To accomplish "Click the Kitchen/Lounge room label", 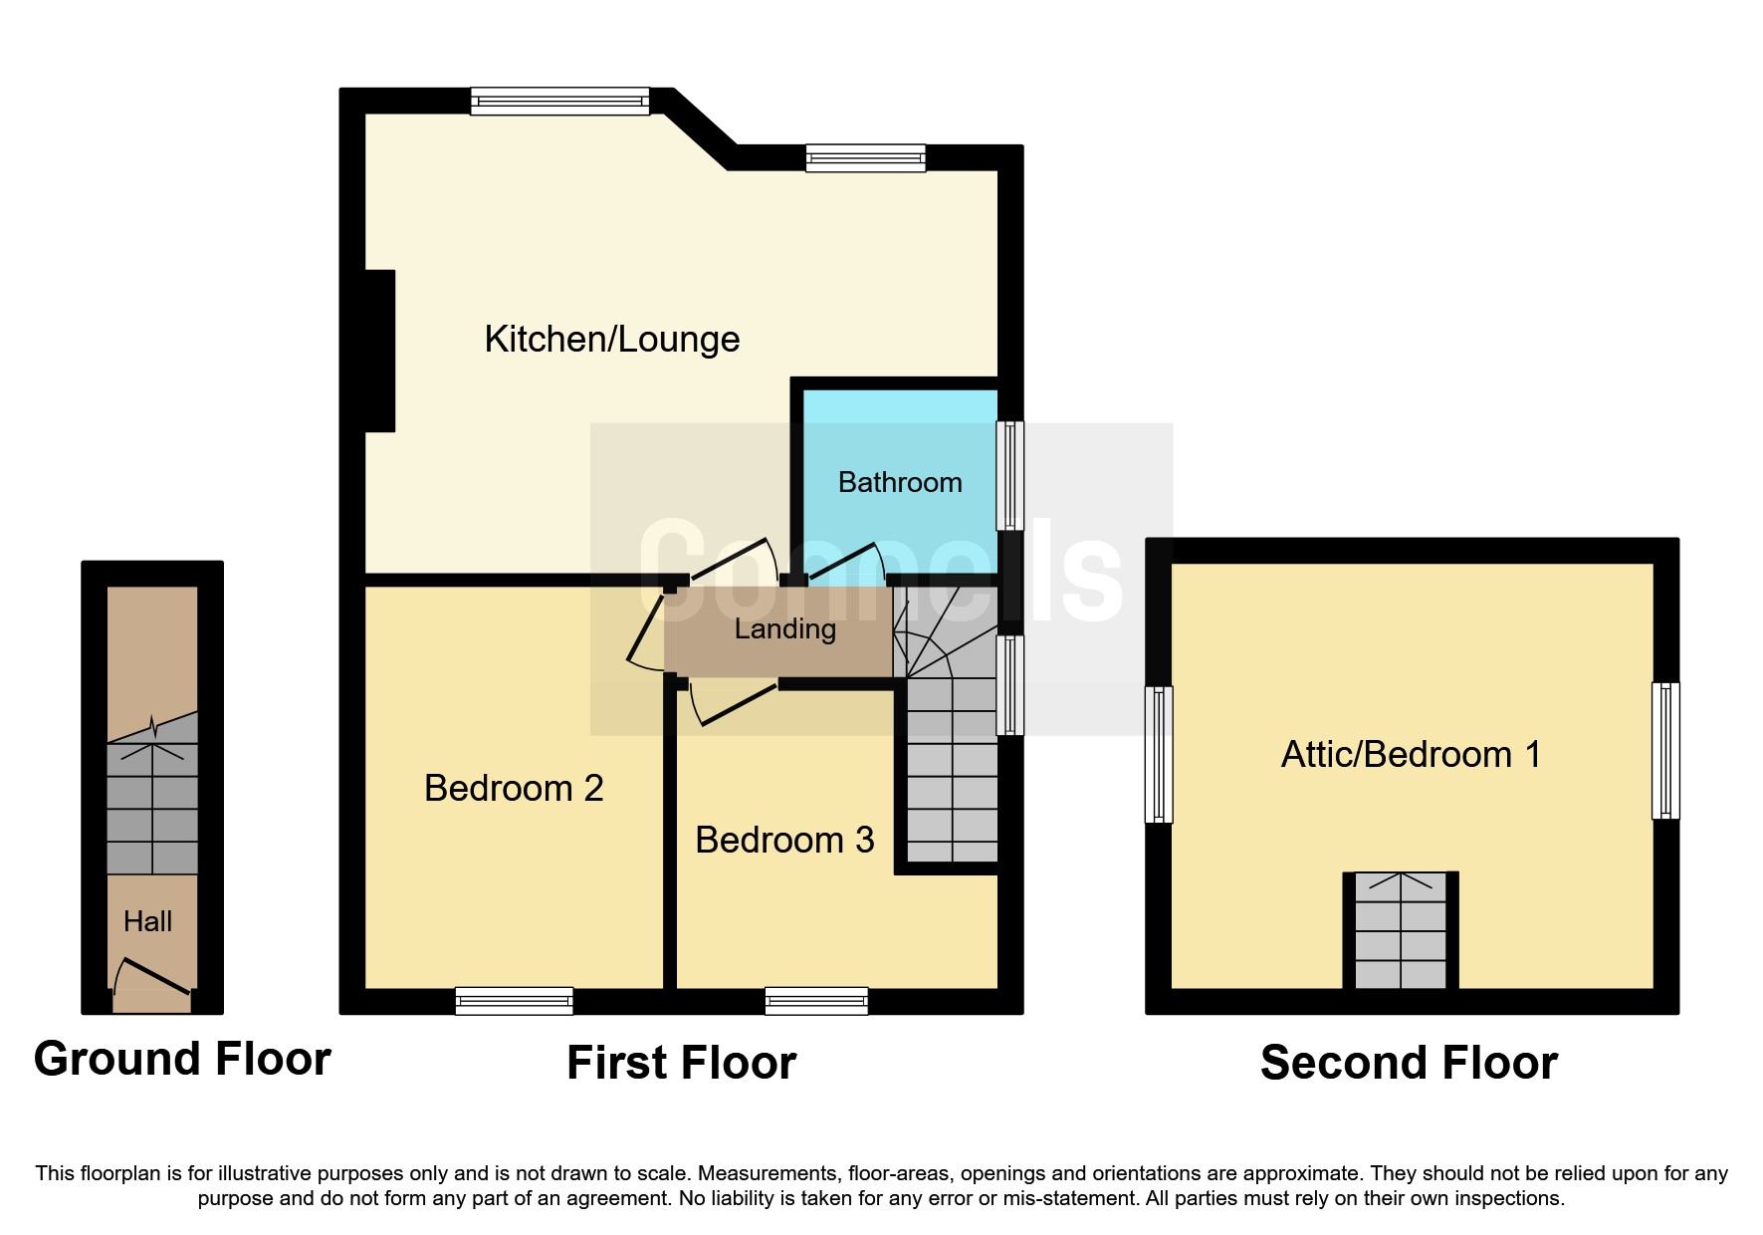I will coord(611,340).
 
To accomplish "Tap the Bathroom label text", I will coord(899,483).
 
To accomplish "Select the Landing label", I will coord(784,629).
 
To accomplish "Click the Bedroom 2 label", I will coord(514,789).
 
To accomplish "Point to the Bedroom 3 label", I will coord(784,841).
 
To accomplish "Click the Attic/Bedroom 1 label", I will coord(1411,755).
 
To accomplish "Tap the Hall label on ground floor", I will coord(147,922).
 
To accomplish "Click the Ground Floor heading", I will coord(182,1059).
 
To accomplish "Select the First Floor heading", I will coord(681,1063).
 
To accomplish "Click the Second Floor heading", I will coord(1409,1063).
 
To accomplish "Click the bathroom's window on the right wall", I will coord(1009,475).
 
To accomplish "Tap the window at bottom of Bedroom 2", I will coord(514,1000).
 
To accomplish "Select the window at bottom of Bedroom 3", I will coord(815,1000).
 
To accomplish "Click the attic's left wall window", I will coord(1159,754).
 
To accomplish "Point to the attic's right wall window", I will coord(1665,750).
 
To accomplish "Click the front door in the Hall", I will coord(153,977).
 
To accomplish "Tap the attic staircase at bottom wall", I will coord(1401,930).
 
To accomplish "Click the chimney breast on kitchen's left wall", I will coord(380,351).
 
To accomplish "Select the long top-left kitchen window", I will coord(559,101).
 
